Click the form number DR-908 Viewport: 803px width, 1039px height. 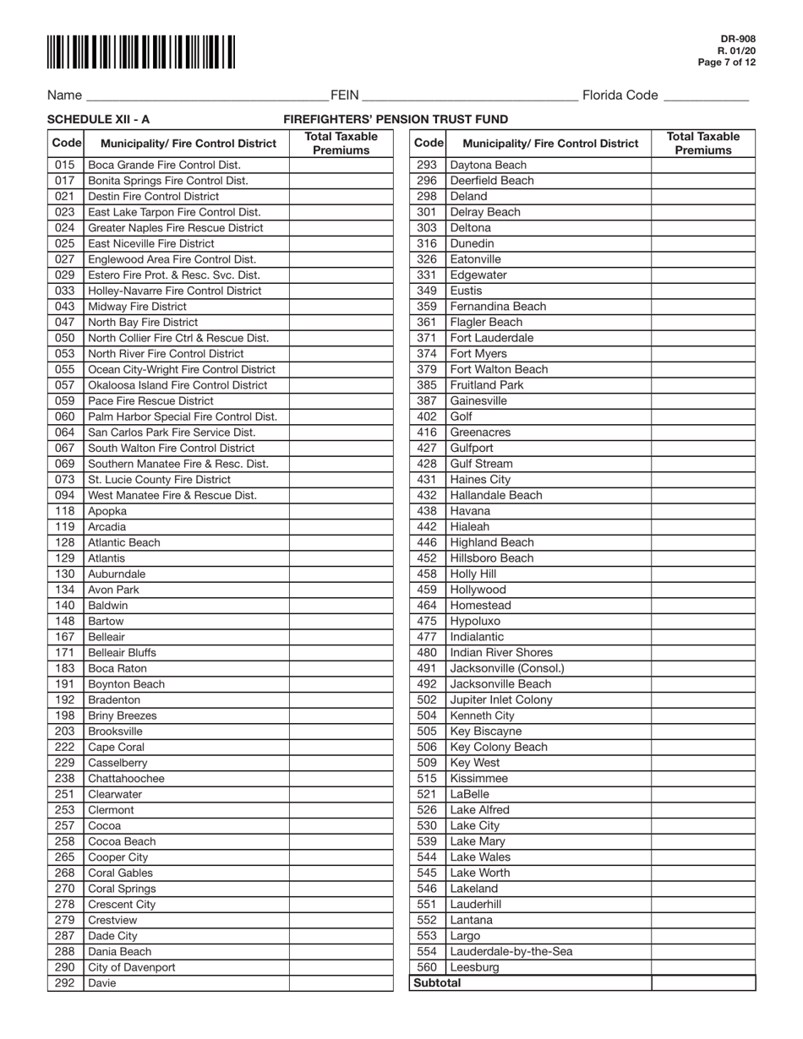(x=738, y=39)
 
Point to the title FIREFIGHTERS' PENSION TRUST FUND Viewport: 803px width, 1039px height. (x=396, y=120)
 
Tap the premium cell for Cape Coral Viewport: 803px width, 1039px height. (x=341, y=747)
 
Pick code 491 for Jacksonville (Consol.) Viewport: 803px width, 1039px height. (x=427, y=668)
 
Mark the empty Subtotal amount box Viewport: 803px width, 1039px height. (x=703, y=983)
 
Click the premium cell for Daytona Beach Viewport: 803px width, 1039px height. (x=703, y=165)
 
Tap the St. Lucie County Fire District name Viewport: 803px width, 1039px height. (x=159, y=480)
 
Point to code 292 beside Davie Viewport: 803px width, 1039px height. (x=65, y=983)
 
